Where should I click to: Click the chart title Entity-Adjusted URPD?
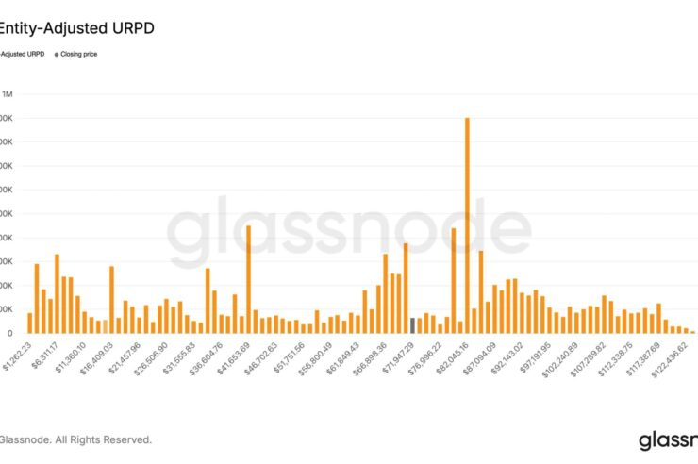pos(77,28)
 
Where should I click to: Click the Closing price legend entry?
pos(79,54)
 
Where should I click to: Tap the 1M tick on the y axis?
pos(8,94)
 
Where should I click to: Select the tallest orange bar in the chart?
pos(467,224)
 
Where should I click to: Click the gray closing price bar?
pos(413,325)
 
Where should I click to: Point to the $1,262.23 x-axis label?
pos(17,350)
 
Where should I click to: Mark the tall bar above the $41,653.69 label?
pos(248,279)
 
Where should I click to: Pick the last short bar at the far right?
pos(692,331)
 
